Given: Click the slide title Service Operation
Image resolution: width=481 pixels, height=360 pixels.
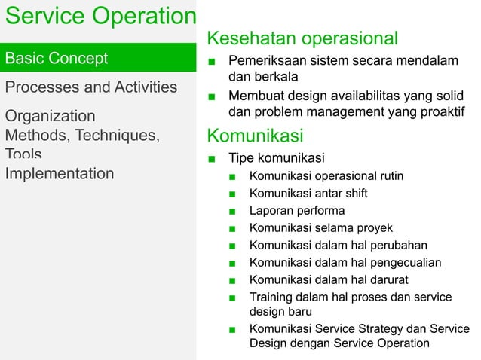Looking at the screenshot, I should point(98,17).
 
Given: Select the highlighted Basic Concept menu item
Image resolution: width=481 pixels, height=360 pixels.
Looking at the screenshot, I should point(57,58).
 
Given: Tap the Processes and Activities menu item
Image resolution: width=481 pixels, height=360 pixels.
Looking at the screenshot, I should point(91,87).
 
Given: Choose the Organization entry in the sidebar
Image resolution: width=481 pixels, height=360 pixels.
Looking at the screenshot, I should point(51,116).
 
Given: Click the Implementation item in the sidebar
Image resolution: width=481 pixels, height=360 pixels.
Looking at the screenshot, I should point(60,174).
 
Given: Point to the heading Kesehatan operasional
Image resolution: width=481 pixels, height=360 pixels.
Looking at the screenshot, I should point(302,38).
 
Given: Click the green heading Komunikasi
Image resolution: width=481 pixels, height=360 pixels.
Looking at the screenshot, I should point(255,136).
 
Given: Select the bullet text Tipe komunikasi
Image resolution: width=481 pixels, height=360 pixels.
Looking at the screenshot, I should point(277,158).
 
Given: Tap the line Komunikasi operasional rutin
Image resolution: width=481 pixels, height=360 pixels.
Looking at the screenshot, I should point(326,176).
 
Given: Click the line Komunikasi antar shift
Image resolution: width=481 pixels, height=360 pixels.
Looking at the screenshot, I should point(308,194).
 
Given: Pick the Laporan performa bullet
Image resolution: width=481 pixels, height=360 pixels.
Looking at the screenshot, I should point(297,211).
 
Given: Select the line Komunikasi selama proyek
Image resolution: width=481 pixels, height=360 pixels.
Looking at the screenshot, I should point(320,228).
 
